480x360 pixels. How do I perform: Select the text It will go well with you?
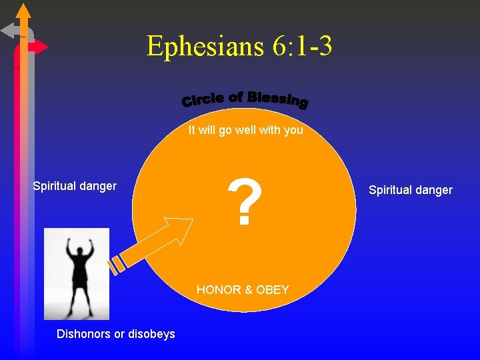coord(245,130)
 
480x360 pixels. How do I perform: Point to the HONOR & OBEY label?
coord(243,290)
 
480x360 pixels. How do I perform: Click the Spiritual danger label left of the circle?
coord(75,186)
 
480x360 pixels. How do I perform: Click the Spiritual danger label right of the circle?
coord(411,190)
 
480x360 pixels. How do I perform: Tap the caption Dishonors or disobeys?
coord(116,333)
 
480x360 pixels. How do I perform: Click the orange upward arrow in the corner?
coord(23,13)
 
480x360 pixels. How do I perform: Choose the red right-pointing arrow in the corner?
coord(39,47)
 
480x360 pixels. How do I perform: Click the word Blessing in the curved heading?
coord(277,99)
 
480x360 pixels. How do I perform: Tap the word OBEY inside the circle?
coord(273,290)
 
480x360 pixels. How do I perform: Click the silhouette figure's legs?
coord(78,297)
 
